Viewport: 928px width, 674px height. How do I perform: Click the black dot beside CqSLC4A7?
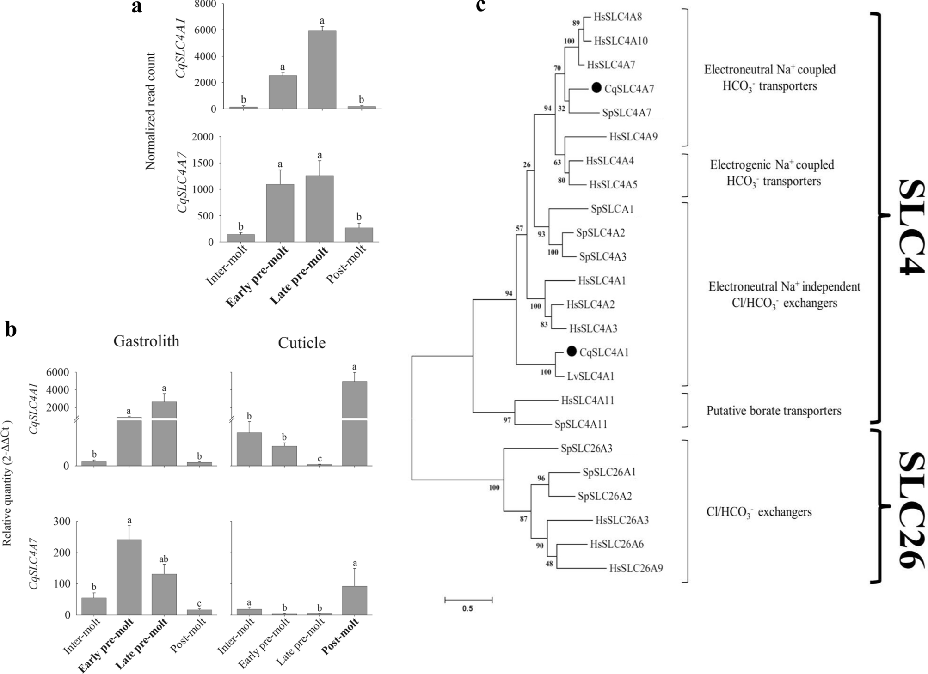click(596, 88)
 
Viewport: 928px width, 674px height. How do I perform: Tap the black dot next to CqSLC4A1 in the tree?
click(572, 352)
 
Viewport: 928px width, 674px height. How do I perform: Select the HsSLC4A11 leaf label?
click(587, 401)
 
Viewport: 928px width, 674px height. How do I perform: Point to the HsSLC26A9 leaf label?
click(636, 568)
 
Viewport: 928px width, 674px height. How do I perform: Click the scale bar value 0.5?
click(467, 608)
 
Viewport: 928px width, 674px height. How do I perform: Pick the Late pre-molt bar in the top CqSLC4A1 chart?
click(322, 69)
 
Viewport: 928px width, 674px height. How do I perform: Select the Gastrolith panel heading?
click(146, 341)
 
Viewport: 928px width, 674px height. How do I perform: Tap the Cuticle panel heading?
click(301, 343)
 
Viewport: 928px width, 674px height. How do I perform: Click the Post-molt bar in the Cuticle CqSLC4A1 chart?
click(355, 423)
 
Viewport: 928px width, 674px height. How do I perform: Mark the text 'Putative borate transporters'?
click(774, 411)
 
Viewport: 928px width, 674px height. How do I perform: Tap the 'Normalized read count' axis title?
click(151, 111)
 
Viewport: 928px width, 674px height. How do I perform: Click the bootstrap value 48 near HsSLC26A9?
click(549, 564)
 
